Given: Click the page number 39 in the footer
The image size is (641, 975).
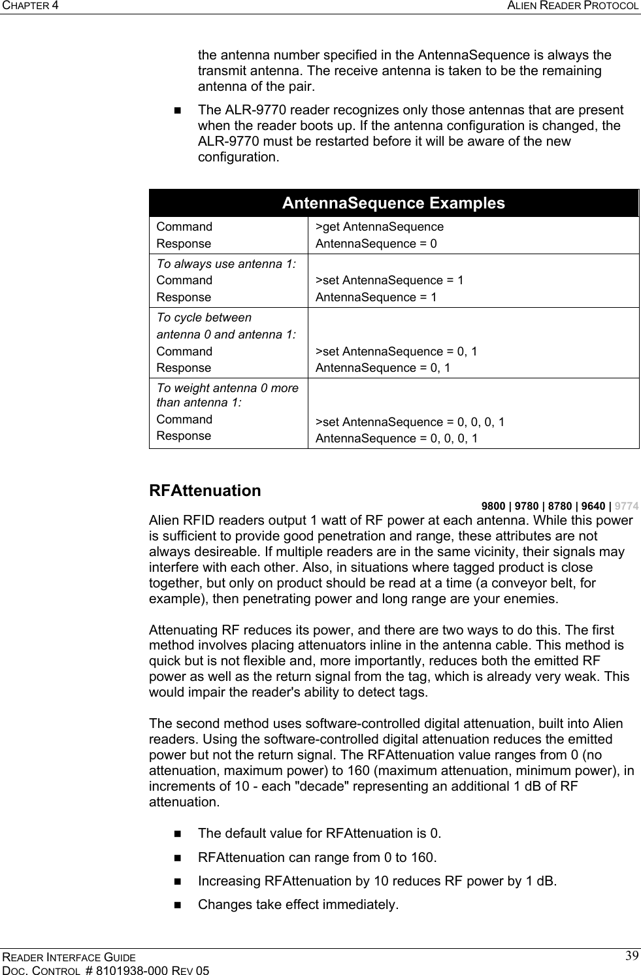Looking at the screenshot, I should pyautogui.click(x=632, y=957).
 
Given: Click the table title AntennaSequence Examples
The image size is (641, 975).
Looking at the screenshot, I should pyautogui.click(x=393, y=203).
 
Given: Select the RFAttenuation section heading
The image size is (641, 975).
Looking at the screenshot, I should pyautogui.click(x=205, y=491).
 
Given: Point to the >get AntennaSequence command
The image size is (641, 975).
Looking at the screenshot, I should pyautogui.click(x=379, y=227).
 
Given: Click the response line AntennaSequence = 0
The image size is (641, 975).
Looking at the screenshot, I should pyautogui.click(x=376, y=244).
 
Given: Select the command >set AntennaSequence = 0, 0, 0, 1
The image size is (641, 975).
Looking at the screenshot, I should pyautogui.click(x=410, y=421).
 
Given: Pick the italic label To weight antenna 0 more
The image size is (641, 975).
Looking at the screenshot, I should pyautogui.click(x=227, y=388).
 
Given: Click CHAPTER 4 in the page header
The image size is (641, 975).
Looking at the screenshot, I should pyautogui.click(x=29, y=6).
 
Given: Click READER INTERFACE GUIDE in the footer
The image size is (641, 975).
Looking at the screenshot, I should pyautogui.click(x=68, y=957).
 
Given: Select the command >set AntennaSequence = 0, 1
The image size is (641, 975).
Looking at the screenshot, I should pyautogui.click(x=396, y=352).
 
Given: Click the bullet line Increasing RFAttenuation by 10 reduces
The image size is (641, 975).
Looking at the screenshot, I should pyautogui.click(x=378, y=881).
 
